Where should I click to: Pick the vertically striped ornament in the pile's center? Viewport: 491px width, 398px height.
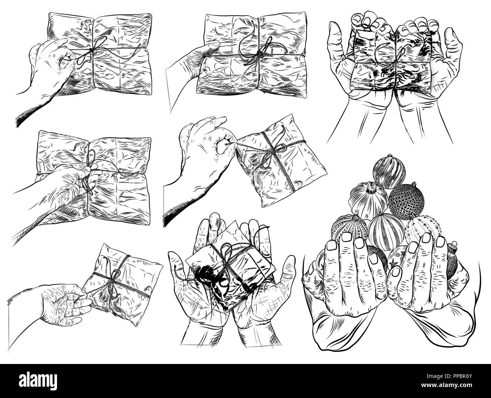(x=384, y=229)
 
